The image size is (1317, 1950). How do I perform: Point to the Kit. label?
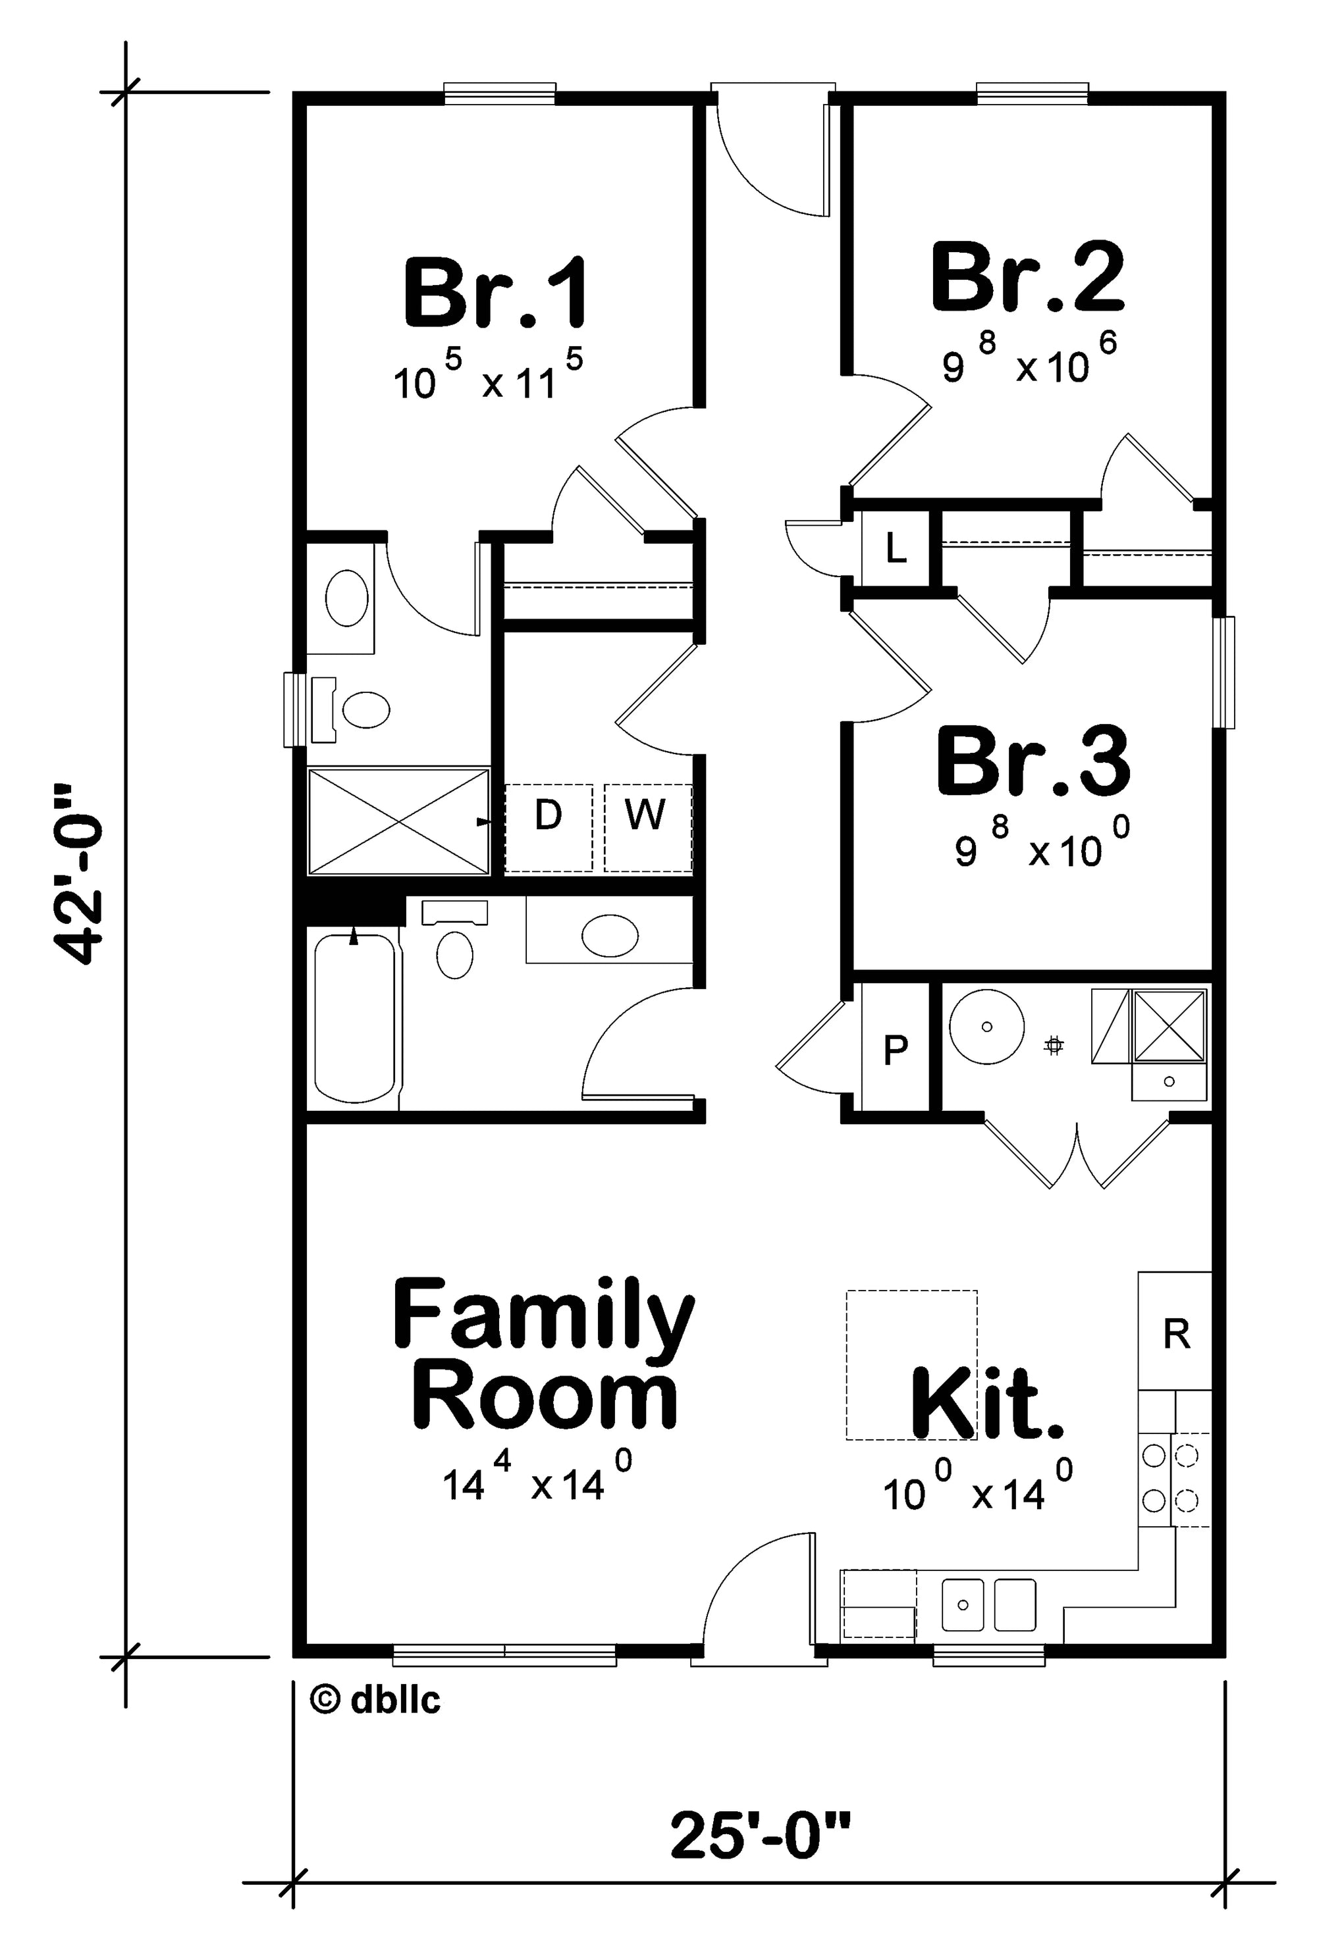(x=986, y=1401)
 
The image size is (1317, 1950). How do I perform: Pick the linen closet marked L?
(x=896, y=549)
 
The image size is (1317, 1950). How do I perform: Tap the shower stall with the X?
(x=398, y=820)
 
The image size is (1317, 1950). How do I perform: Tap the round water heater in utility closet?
(x=987, y=1027)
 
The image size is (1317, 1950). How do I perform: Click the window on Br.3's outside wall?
(x=1226, y=672)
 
